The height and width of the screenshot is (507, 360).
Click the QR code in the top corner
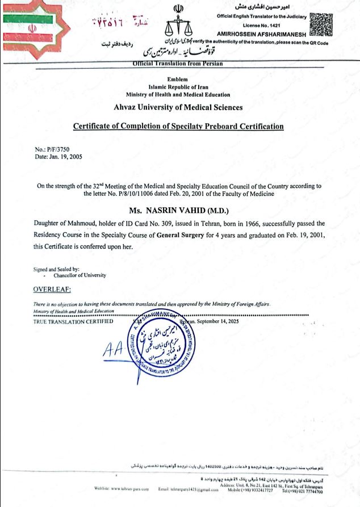coord(322,23)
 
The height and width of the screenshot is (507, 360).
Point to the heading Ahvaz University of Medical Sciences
coord(178,107)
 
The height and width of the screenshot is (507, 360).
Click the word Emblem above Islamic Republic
coord(178,79)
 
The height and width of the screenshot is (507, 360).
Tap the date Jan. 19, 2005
coord(66,156)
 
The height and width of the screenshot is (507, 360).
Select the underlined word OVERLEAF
coord(55,290)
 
